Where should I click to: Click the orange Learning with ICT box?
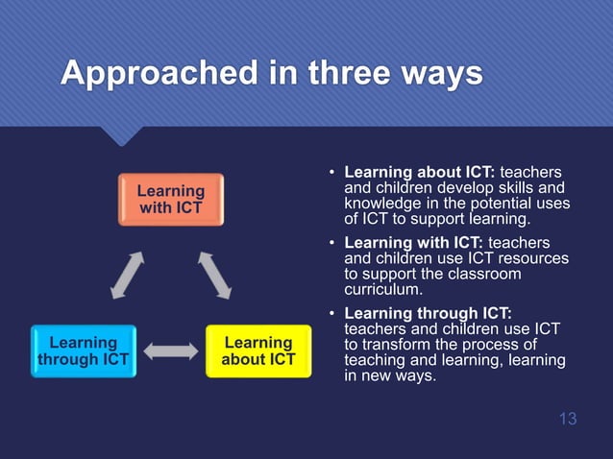(x=170, y=199)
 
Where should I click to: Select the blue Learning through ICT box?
(x=83, y=350)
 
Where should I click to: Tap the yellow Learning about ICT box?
(x=257, y=350)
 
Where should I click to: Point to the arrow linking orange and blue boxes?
(x=126, y=275)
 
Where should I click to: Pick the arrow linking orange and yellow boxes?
(x=215, y=275)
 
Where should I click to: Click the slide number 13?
(x=567, y=419)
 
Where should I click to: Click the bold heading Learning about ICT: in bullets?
(x=419, y=172)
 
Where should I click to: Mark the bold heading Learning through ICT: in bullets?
(x=428, y=313)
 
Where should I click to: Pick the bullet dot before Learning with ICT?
(x=331, y=244)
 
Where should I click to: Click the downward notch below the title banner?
(x=121, y=137)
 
